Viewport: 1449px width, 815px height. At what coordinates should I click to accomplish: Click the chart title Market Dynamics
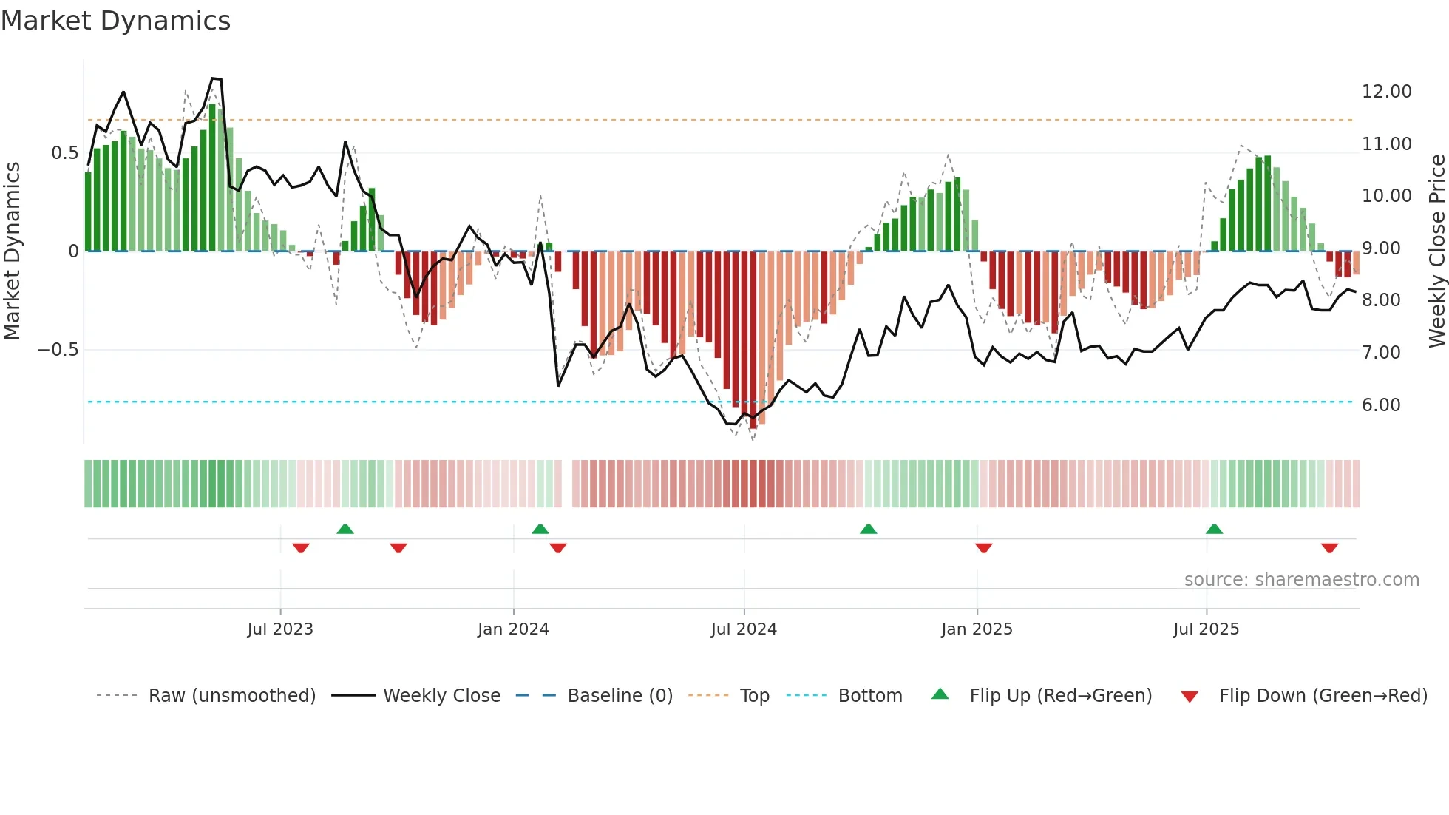[x=115, y=21]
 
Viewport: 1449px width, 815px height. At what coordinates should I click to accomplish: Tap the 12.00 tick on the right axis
[x=1386, y=92]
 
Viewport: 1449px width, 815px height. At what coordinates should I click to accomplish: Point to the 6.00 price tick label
[x=1380, y=405]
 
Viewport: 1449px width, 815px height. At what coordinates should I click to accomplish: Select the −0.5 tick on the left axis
[x=58, y=350]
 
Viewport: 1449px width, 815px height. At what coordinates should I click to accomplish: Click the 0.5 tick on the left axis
[x=64, y=153]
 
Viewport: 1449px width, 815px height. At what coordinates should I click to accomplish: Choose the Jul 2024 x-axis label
[x=744, y=629]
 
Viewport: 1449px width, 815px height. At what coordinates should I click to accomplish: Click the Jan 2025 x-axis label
[x=977, y=629]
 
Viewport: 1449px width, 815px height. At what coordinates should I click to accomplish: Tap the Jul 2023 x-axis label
[x=280, y=629]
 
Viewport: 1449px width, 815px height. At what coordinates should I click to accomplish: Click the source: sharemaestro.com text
[x=1301, y=580]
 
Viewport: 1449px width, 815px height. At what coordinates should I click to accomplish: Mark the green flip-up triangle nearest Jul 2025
[x=1214, y=530]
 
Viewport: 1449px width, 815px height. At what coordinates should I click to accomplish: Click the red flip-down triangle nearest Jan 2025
[x=983, y=548]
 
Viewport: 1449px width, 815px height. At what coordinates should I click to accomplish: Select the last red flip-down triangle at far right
[x=1329, y=548]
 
